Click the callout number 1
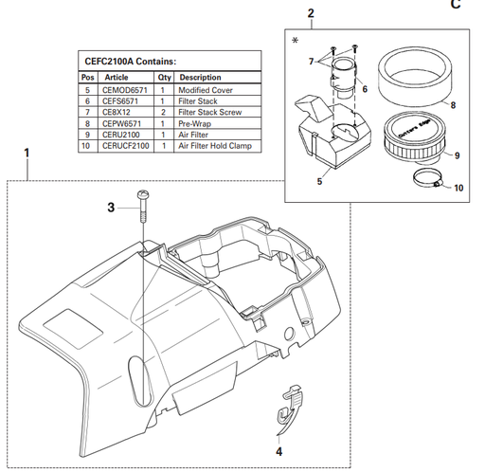[27, 152]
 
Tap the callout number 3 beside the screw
[110, 205]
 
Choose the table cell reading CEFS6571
[121, 100]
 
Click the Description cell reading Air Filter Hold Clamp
[214, 146]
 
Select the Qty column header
[164, 78]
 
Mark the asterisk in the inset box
[296, 39]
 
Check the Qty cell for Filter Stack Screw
[163, 112]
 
